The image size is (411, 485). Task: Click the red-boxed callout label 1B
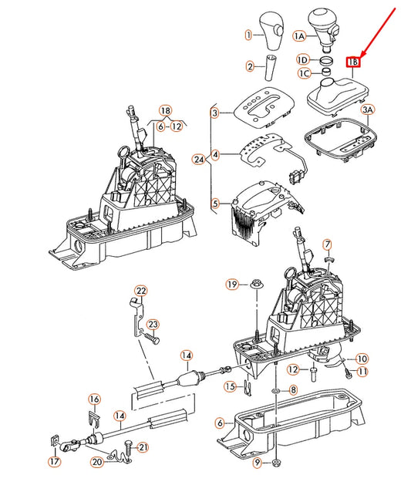353,62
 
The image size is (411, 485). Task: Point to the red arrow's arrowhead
362,54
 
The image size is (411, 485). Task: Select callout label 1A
298,36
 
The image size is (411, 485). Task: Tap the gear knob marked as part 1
271,30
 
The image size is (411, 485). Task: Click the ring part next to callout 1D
326,61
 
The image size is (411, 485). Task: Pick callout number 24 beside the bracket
199,160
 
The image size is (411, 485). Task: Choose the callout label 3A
368,109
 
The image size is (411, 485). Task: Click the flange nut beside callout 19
255,283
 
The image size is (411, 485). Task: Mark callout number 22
141,291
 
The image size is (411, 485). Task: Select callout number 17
55,462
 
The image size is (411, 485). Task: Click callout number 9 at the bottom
258,463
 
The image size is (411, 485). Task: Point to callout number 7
327,244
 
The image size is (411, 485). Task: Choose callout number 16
94,399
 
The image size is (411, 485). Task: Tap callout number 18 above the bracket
166,110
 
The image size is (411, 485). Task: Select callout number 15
230,386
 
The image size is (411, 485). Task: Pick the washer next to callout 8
275,390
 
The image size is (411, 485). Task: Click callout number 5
215,204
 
